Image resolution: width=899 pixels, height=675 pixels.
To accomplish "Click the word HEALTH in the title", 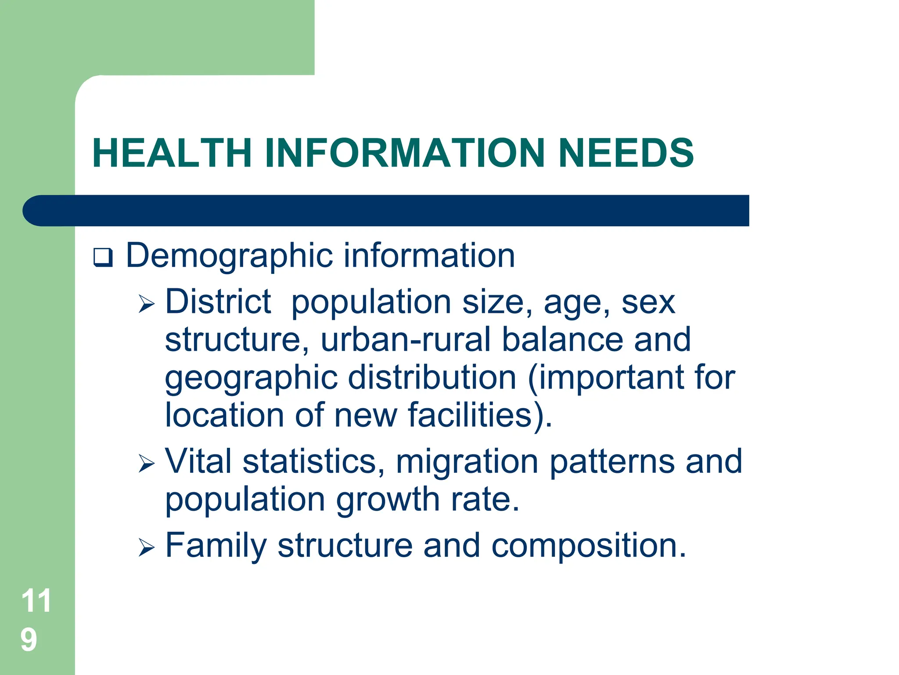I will (x=172, y=153).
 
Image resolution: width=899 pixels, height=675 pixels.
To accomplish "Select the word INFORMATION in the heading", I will (x=404, y=153).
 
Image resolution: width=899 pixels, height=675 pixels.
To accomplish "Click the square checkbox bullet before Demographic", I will (x=103, y=258).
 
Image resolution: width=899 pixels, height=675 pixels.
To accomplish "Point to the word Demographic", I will (x=229, y=256).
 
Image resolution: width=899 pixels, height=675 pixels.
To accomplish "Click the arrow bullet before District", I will (x=147, y=304).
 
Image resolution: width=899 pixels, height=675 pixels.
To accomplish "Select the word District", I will (x=218, y=302).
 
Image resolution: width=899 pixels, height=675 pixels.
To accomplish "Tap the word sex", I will (x=648, y=303).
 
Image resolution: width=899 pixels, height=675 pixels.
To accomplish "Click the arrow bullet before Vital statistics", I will (x=147, y=464).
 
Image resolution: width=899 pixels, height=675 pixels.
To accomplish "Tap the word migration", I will (x=467, y=462).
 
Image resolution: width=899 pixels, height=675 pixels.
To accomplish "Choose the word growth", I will (x=388, y=500).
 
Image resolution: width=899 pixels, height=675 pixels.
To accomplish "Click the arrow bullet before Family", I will (x=147, y=548).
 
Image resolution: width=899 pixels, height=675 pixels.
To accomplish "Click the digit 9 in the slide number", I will (x=29, y=640).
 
